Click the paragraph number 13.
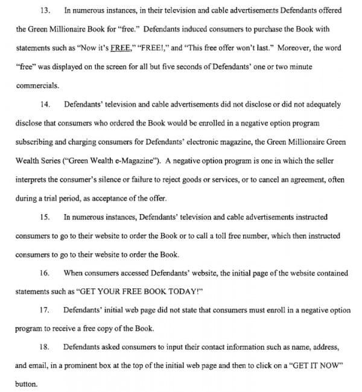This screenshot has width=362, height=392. coord(45,11)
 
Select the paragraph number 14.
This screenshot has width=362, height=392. coord(45,104)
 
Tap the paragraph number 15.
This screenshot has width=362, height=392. coord(45,217)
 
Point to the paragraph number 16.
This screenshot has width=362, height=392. coord(45,273)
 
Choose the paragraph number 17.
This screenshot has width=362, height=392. coord(45,310)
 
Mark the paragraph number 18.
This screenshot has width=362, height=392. coord(45,347)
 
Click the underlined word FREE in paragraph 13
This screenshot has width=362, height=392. coord(118,48)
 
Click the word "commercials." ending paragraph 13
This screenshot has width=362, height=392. coord(37,86)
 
